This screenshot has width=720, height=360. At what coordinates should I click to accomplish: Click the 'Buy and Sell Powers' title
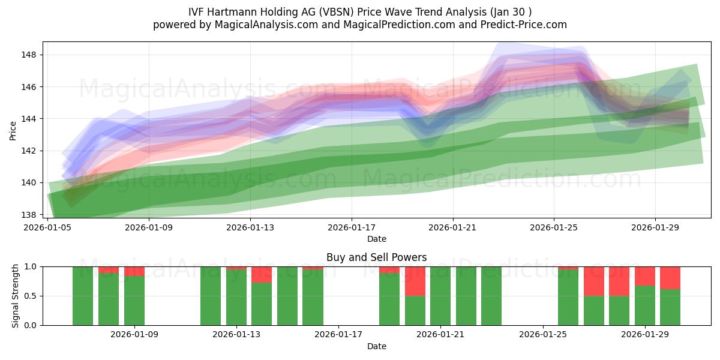(376, 257)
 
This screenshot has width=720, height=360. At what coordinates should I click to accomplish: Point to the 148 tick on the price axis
(29, 55)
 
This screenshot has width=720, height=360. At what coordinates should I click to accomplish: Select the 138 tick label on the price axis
(29, 215)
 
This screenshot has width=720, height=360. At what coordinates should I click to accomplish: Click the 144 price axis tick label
(29, 119)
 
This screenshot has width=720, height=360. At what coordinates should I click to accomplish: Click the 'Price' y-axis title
(13, 130)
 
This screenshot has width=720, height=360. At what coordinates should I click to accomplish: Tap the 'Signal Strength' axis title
(16, 296)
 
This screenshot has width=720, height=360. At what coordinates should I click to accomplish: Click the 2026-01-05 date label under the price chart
(47, 228)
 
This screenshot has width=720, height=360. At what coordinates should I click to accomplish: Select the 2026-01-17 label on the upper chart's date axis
(351, 228)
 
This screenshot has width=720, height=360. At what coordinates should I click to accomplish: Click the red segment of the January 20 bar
(415, 281)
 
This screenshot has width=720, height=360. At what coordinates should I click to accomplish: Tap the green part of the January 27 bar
(593, 311)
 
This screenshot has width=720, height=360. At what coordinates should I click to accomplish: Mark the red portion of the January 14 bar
(262, 275)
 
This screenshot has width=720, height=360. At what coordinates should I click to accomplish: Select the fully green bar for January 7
(83, 296)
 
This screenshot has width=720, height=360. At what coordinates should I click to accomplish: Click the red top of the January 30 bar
(670, 278)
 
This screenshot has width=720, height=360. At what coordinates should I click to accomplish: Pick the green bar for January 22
(466, 296)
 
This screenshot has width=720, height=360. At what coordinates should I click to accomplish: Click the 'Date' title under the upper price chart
(376, 239)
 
